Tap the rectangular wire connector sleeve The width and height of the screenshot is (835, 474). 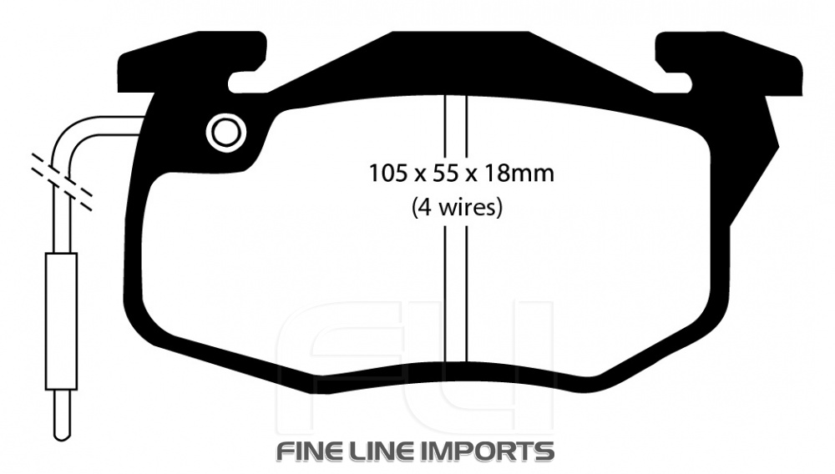point(61,321)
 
